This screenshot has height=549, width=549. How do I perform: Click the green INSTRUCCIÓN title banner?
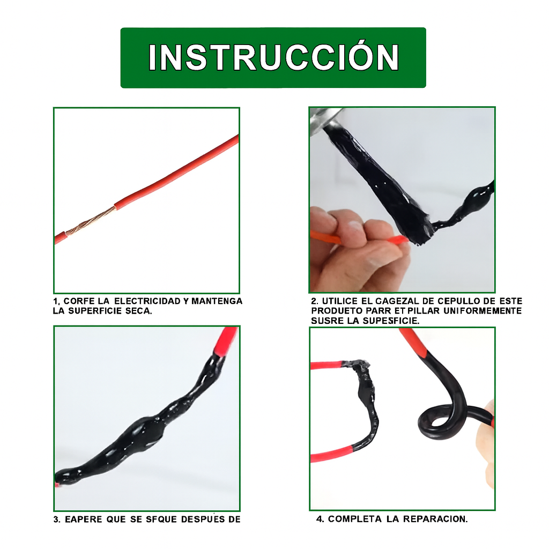[273, 58]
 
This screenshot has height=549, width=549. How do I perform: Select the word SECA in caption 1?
[138, 311]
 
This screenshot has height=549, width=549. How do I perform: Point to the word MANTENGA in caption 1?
[217, 301]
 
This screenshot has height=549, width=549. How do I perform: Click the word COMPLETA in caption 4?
[355, 519]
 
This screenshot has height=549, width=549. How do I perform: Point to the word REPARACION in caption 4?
[435, 519]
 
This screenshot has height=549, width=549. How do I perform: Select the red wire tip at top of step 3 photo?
[227, 339]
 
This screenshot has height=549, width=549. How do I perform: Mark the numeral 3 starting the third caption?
[56, 519]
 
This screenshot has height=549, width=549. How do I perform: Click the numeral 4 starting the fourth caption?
[320, 519]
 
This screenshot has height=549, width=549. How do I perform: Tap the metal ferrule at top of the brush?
[325, 119]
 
